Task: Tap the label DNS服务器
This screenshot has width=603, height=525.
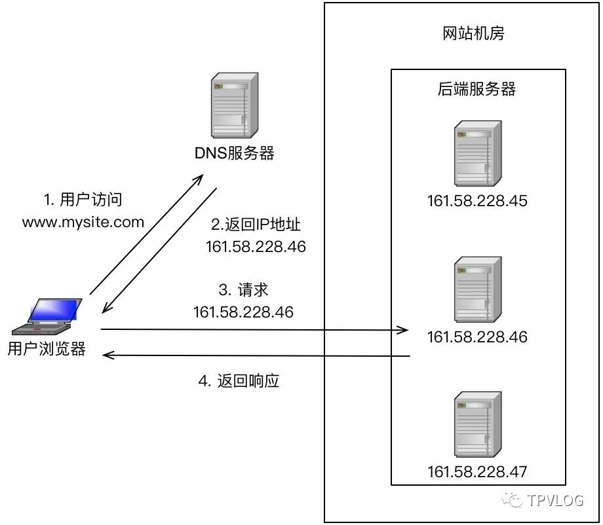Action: point(234,154)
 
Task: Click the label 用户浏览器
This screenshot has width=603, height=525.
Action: point(47,349)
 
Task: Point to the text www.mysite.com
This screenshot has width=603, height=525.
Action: point(83,222)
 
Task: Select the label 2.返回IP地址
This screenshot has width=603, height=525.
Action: point(256,225)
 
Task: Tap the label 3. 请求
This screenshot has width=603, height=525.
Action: point(243,290)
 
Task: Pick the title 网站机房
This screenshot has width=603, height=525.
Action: point(473,34)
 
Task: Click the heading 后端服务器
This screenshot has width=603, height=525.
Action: point(477,90)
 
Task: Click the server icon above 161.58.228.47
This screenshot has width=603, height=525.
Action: point(477,425)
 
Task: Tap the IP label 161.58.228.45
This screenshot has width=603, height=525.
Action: point(477,201)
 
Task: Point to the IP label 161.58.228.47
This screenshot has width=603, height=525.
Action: point(477,472)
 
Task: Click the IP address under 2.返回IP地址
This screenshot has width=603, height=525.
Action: point(256,247)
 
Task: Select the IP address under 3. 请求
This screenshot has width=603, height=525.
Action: point(243,312)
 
